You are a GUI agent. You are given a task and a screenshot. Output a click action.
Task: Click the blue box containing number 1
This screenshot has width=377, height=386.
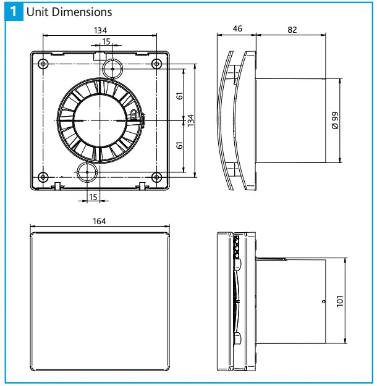(13, 12)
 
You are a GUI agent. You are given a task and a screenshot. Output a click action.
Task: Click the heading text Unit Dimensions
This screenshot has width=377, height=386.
(69, 12)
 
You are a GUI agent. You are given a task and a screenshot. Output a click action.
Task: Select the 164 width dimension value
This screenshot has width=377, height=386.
(100, 222)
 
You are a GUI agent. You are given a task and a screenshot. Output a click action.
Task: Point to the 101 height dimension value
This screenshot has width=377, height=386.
(339, 301)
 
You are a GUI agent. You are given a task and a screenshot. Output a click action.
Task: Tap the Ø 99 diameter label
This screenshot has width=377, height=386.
(334, 120)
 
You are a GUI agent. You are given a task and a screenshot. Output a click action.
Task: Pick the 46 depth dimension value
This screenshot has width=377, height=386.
(237, 29)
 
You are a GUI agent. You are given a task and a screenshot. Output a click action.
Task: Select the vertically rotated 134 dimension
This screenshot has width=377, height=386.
(192, 119)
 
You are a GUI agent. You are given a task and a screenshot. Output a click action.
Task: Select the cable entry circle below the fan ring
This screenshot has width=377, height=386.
(87, 172)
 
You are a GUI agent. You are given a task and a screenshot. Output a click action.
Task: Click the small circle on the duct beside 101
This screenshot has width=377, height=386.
(323, 301)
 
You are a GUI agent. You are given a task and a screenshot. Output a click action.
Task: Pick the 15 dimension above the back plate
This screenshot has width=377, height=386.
(106, 41)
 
